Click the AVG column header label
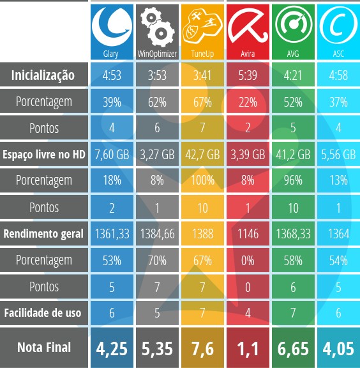[x=293, y=54]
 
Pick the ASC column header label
[x=338, y=54]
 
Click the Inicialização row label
[x=43, y=75]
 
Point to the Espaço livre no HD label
[x=43, y=155]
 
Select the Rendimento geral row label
[x=43, y=234]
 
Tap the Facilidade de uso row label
[x=43, y=313]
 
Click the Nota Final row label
[x=43, y=348]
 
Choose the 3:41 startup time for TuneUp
[x=202, y=75]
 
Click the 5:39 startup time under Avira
[x=248, y=75]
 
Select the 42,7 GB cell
[x=202, y=155]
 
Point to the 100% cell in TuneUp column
[x=202, y=181]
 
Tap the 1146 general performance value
[x=248, y=234]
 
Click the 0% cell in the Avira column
[x=248, y=260]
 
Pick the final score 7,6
[x=202, y=348]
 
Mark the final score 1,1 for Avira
[x=248, y=348]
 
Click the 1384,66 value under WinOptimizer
[x=157, y=234]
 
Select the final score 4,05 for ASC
[x=338, y=348]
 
